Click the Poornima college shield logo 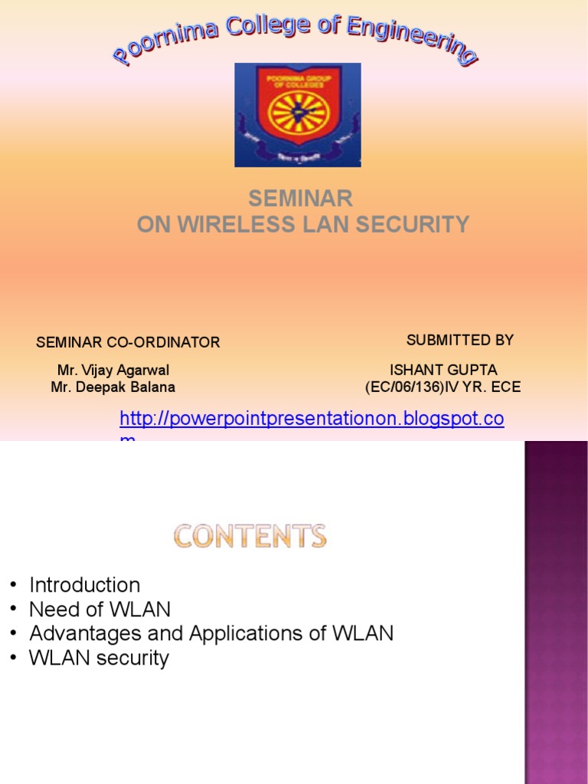(298, 114)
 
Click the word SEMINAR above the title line (300, 199)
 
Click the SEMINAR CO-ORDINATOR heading (128, 342)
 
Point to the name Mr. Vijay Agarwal (113, 371)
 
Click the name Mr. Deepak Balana (113, 387)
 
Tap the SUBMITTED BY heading (459, 340)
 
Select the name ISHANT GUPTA (443, 371)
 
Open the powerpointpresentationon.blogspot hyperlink (312, 419)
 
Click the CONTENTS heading (250, 536)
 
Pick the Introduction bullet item (84, 585)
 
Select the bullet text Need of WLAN (100, 609)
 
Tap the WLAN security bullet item (99, 658)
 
